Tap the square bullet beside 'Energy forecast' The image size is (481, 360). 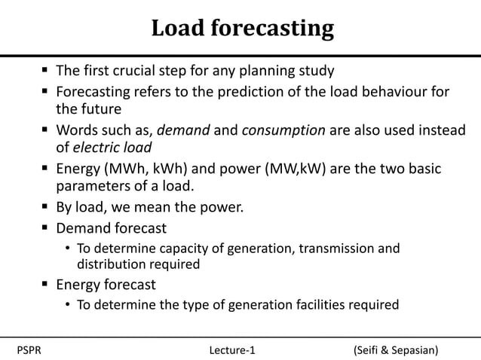click(46, 285)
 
